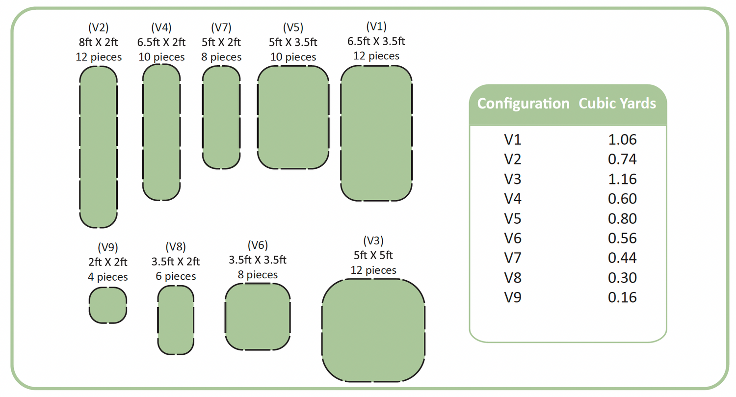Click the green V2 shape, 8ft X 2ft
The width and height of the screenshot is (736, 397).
pos(98,147)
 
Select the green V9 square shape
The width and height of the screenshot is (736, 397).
pos(108,305)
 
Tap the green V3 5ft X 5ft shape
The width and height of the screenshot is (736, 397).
pos(373,329)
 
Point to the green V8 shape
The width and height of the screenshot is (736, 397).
pos(176,319)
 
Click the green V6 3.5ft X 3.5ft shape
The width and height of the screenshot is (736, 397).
pos(257,317)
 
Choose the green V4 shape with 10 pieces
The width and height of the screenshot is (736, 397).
pos(161,132)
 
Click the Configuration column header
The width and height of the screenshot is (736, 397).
pos(523,104)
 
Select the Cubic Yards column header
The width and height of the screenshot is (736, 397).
pos(617,104)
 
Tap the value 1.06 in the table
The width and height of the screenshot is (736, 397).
pos(622,140)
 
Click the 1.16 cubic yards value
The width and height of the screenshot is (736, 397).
pos(622,179)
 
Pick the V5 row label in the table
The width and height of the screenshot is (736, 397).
pos(513,218)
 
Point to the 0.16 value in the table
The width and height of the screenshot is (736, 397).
pos(622,297)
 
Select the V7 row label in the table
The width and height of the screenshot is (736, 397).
pos(513,258)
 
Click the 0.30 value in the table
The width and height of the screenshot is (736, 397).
pos(622,278)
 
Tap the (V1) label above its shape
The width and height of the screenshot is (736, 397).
pos(376,26)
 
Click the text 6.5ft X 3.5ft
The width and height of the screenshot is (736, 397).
pos(376,41)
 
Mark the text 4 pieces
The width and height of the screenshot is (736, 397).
pos(107,277)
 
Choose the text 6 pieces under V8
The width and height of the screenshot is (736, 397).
pos(176,276)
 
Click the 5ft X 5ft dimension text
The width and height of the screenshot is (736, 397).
pos(373,255)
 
